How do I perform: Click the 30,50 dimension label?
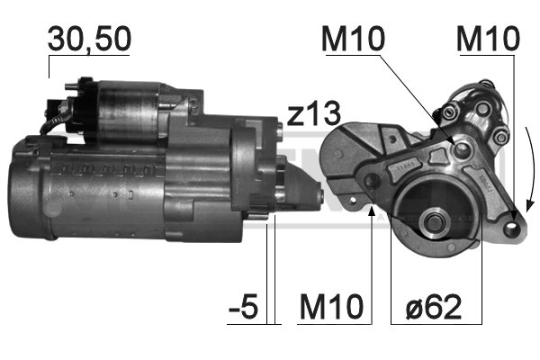pyautogui.click(x=89, y=39)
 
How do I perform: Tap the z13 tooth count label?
pyautogui.click(x=313, y=114)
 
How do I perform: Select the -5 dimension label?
pyautogui.click(x=244, y=306)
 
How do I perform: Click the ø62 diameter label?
pyautogui.click(x=433, y=306)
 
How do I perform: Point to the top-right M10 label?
pyautogui.click(x=488, y=39)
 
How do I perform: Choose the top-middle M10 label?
pyautogui.click(x=353, y=39)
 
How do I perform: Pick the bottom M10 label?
pyautogui.click(x=331, y=306)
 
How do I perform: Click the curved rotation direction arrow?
pyautogui.click(x=532, y=169)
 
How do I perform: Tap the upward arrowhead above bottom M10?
pyautogui.click(x=372, y=211)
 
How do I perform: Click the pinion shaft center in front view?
pyautogui.click(x=434, y=223)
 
